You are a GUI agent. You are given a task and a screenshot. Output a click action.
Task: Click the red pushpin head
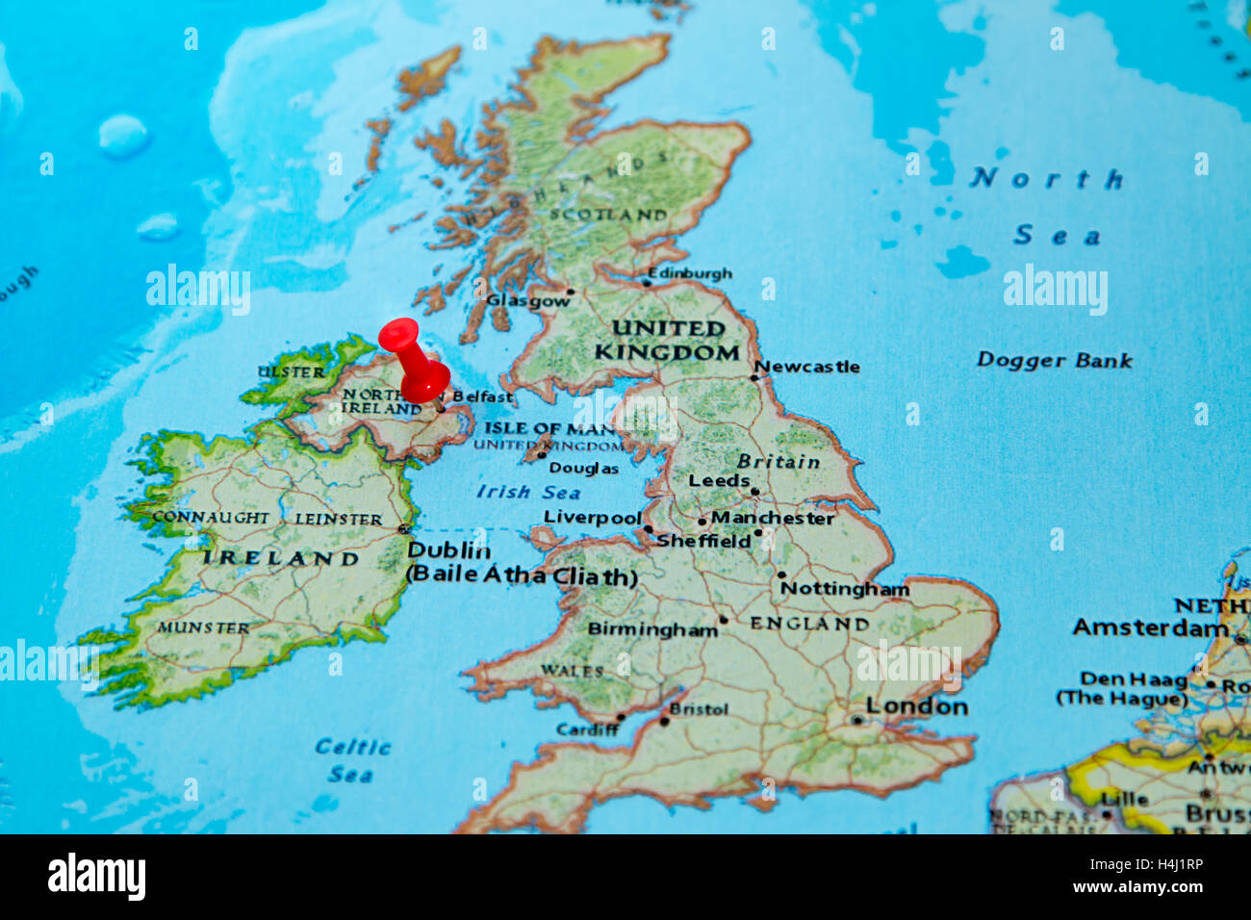point(399,336)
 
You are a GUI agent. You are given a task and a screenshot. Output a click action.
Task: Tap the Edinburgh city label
point(689,273)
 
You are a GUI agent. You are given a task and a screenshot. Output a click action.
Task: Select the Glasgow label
point(527,300)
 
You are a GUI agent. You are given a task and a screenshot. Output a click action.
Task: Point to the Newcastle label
point(806,367)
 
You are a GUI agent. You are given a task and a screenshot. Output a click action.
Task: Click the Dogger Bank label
point(1054,361)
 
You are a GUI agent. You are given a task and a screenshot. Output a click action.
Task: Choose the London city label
point(916,706)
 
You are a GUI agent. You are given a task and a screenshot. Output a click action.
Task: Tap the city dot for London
point(855,720)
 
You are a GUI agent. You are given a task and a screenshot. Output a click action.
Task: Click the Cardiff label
point(587,729)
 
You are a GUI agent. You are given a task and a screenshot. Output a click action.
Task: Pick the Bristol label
point(699,709)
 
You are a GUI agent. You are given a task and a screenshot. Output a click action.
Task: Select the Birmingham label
point(652,629)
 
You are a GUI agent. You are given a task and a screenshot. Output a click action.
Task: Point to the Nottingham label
point(844,588)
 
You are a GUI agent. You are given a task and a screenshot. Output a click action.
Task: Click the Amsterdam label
point(1150,627)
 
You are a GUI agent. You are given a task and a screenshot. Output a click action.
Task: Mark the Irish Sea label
point(528,493)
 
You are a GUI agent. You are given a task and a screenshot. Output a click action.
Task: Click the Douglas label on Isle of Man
point(583,469)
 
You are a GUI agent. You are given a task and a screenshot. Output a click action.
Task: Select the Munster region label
point(203,627)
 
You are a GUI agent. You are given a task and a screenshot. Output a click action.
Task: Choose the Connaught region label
point(211,517)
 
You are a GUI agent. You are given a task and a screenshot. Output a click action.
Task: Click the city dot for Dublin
point(404,528)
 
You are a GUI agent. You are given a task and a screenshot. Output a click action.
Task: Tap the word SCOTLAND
point(607,215)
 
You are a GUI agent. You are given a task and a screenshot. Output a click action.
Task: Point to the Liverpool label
point(592,518)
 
